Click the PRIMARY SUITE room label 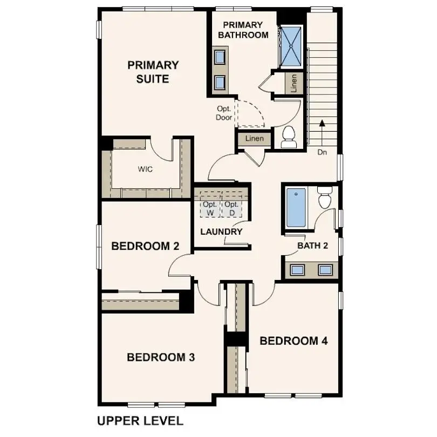153,72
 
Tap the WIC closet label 145,169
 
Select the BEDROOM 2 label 145,247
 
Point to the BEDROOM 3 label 161,357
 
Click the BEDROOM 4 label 294,341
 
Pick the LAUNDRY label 221,232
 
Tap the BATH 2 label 313,246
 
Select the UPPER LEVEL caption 140,420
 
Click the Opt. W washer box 210,209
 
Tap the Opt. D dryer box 232,209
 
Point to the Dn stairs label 322,153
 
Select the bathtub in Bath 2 296,208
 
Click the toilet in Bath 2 325,198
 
